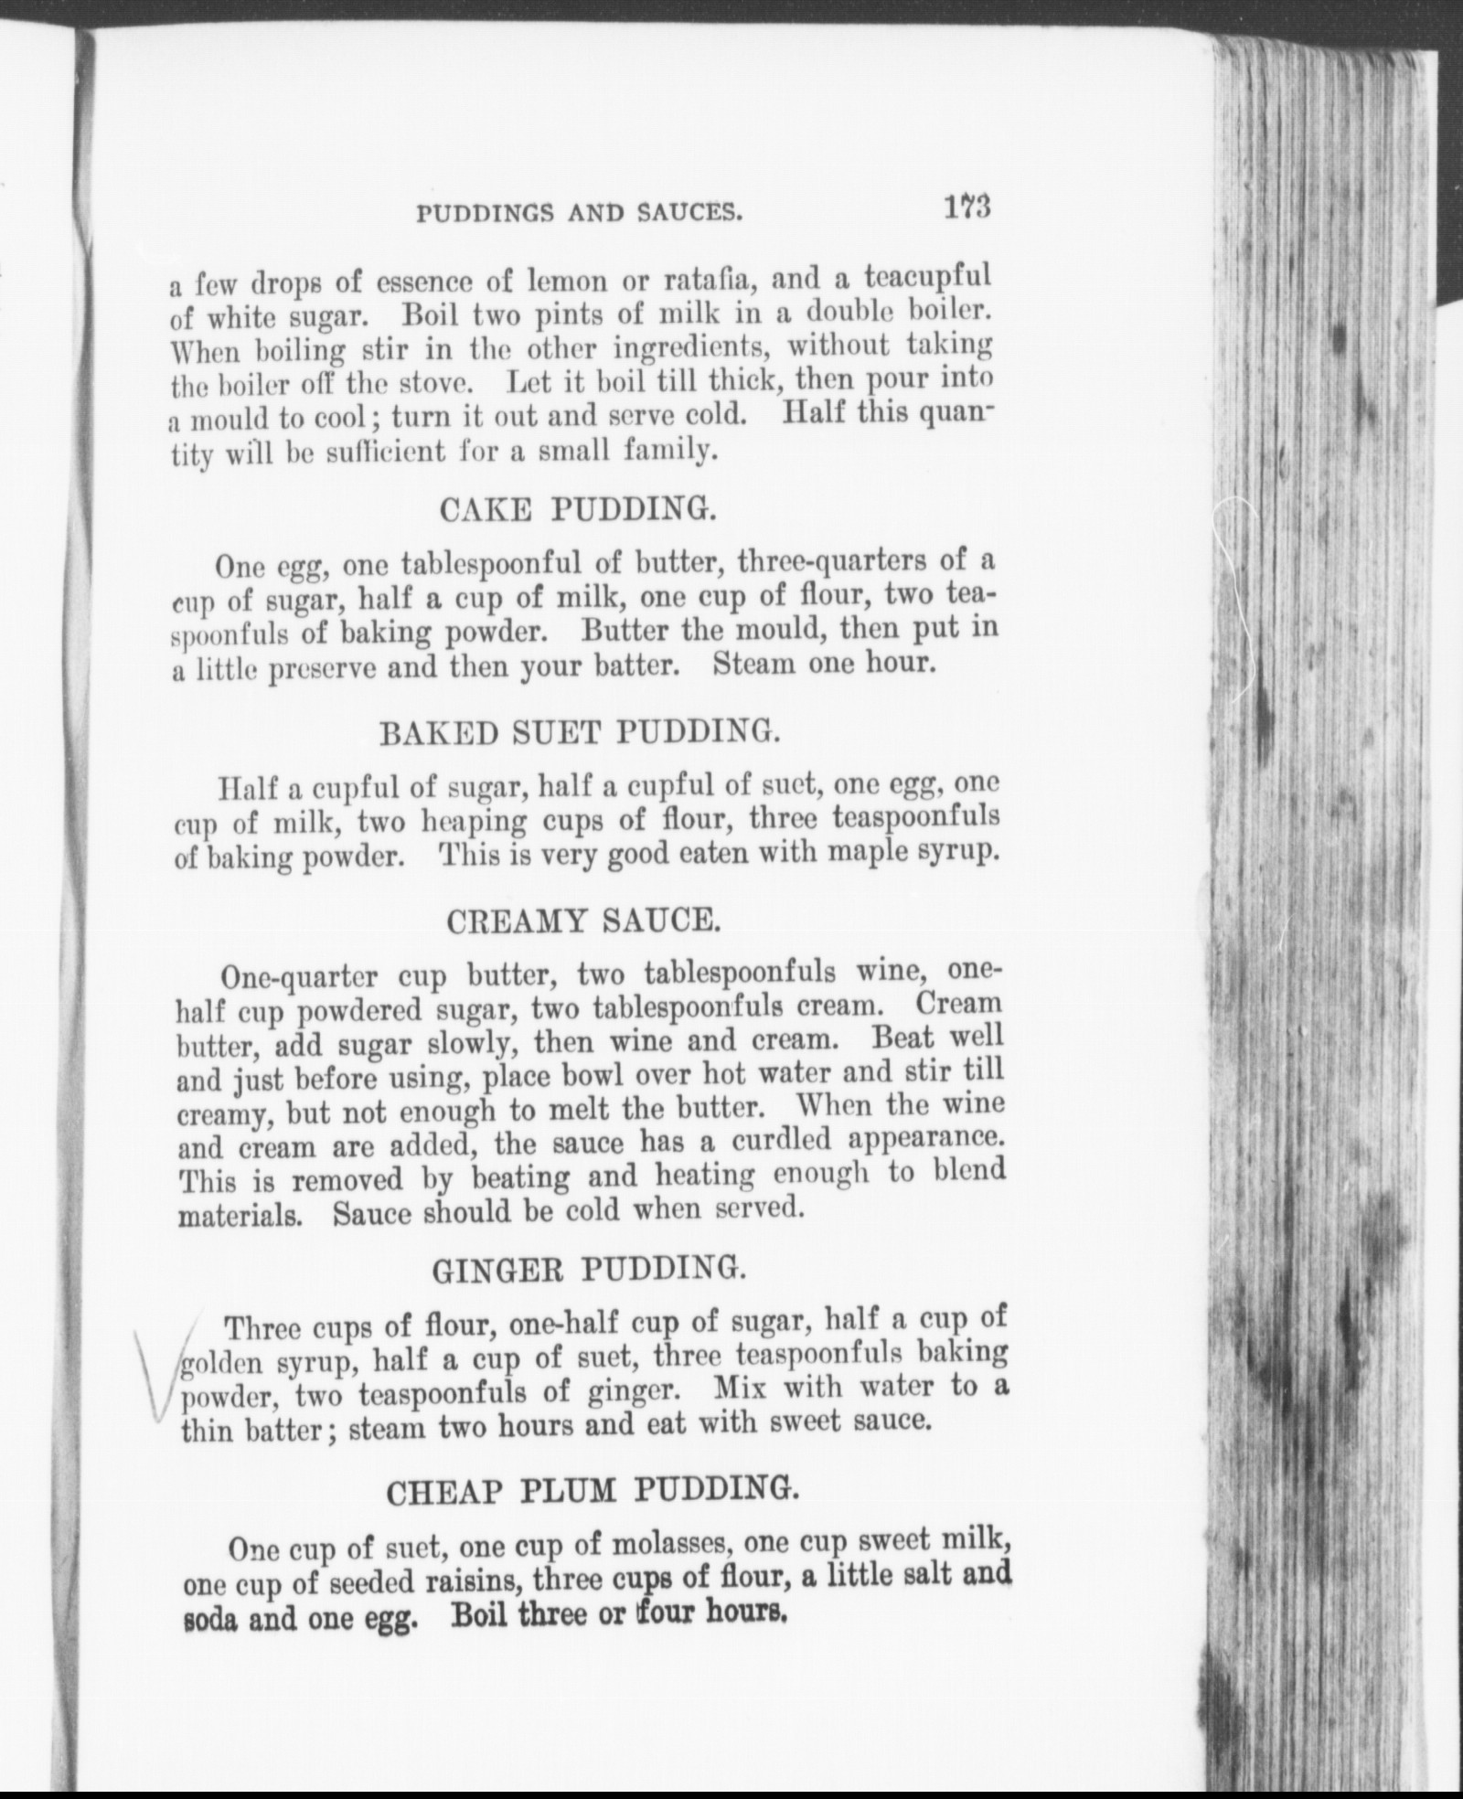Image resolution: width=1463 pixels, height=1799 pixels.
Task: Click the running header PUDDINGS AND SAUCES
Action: [x=579, y=214]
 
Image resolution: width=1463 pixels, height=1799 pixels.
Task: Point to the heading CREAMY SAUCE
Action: [x=583, y=921]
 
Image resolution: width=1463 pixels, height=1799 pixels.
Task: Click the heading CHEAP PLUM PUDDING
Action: [x=592, y=1492]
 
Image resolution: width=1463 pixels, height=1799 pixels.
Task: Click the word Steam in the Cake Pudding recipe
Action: [x=754, y=663]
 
